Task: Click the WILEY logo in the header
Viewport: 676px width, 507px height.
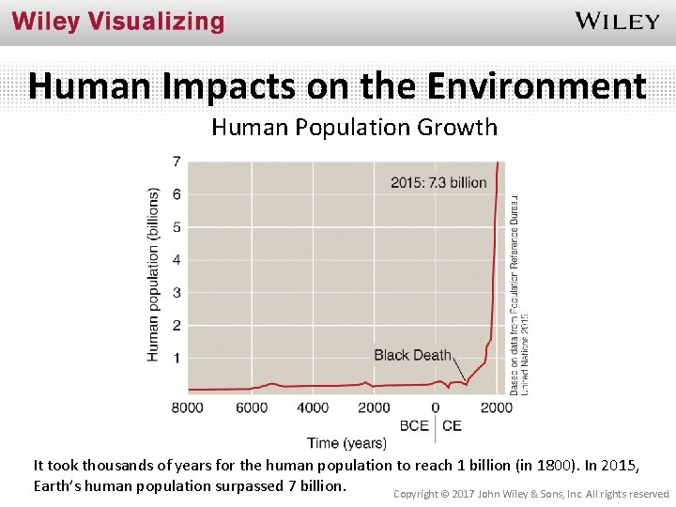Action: pos(617,22)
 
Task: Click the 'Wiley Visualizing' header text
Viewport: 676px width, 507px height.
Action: pos(118,22)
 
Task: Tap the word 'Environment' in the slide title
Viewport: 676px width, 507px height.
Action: pos(536,86)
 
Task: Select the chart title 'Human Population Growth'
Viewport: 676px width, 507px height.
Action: pos(354,128)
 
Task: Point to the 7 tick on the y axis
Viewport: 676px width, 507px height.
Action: pos(177,162)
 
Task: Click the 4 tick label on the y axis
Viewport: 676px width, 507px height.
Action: pos(177,260)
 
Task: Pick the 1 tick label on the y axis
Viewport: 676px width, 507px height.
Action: pos(177,359)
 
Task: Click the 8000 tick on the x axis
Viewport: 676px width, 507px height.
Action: pos(188,407)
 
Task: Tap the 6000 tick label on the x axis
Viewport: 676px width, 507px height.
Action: pos(251,407)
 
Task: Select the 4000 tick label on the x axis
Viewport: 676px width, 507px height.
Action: pos(313,407)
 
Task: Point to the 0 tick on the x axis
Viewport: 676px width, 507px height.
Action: pos(435,407)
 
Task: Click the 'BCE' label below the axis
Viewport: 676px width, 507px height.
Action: pos(414,425)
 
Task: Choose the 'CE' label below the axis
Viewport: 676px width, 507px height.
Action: pos(452,425)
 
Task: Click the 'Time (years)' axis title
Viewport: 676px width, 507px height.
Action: pos(346,442)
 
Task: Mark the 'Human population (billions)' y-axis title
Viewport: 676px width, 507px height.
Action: pos(154,273)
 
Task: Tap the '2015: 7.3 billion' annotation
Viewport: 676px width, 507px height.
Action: pos(438,182)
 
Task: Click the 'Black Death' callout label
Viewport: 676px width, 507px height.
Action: pos(412,355)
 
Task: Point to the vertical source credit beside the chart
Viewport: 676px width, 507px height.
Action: pos(519,291)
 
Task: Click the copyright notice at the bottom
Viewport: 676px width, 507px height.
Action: pos(530,493)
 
